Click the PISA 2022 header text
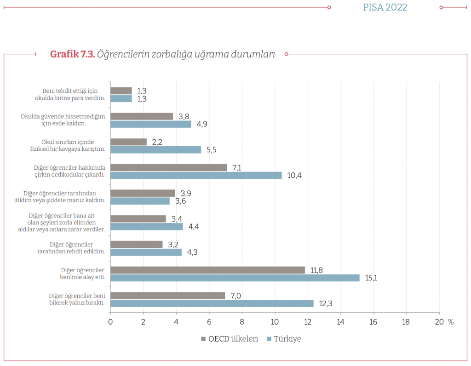click(x=385, y=7)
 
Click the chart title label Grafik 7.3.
click(x=72, y=54)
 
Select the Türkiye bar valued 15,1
click(x=235, y=278)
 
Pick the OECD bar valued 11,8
click(x=207, y=270)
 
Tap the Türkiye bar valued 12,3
click(x=212, y=303)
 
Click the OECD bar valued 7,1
click(x=169, y=167)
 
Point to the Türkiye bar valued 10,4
click(x=196, y=175)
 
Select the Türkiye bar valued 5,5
click(x=155, y=149)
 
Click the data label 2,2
click(x=157, y=142)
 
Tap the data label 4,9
click(x=201, y=124)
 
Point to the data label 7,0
click(x=235, y=296)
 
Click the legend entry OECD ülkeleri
click(x=230, y=339)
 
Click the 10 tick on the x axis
click(x=275, y=322)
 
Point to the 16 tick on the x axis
click(x=373, y=322)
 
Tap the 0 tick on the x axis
click(x=110, y=322)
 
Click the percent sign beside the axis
click(x=451, y=322)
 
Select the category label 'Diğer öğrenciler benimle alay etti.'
click(x=83, y=274)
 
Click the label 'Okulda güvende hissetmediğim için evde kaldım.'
click(x=63, y=120)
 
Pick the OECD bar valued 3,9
click(x=143, y=193)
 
